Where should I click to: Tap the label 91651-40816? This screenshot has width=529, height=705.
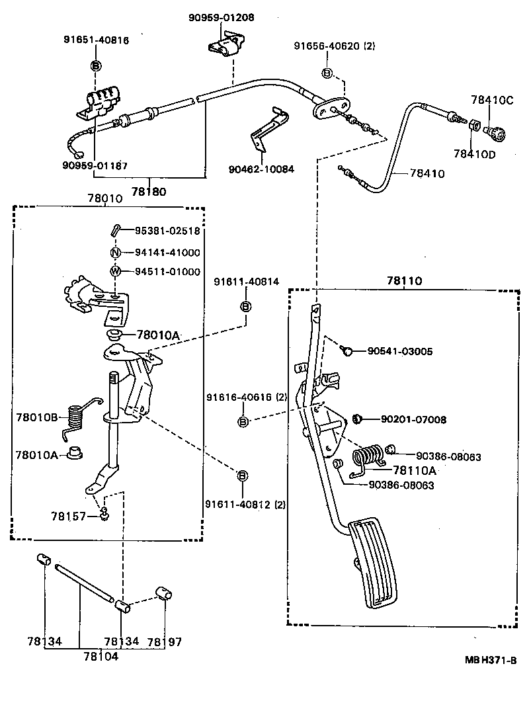click(96, 40)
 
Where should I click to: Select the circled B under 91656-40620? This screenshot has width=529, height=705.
click(327, 72)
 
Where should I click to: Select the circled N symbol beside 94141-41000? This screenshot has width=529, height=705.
click(115, 253)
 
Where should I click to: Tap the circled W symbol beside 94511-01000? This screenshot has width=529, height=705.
click(115, 271)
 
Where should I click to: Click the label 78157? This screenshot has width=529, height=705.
click(68, 516)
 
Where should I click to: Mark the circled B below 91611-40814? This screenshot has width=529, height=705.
click(245, 306)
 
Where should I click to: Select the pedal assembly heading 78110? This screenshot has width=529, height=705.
click(404, 281)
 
